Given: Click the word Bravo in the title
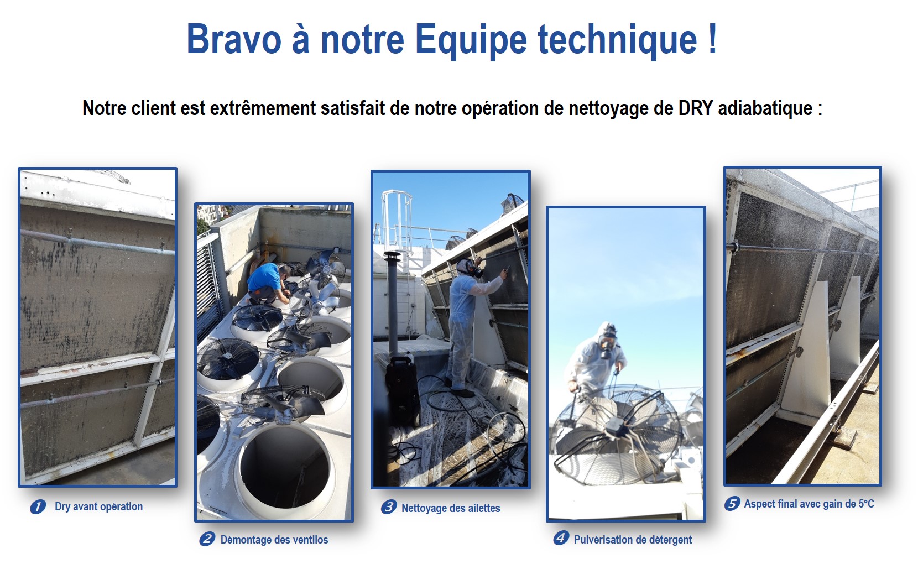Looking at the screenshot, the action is [x=234, y=39].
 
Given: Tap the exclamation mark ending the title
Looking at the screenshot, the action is [x=712, y=38].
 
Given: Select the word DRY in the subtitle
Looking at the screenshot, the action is [x=696, y=108].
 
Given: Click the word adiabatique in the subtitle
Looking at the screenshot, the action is [x=765, y=108].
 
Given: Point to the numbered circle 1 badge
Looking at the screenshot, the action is [x=38, y=506].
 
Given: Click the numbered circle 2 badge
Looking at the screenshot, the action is [x=207, y=539].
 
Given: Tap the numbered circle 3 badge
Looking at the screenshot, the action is [x=389, y=507].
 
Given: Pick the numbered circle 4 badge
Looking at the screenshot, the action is [x=561, y=538].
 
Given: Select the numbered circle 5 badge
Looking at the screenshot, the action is [x=732, y=503].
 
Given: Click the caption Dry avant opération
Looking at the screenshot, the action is [x=99, y=507].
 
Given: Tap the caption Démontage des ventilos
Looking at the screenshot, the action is [x=274, y=540].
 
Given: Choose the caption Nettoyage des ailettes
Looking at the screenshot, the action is [x=451, y=508].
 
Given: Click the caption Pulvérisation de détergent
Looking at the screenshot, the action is [x=633, y=540].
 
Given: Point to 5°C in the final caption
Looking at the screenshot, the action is [x=866, y=504].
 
